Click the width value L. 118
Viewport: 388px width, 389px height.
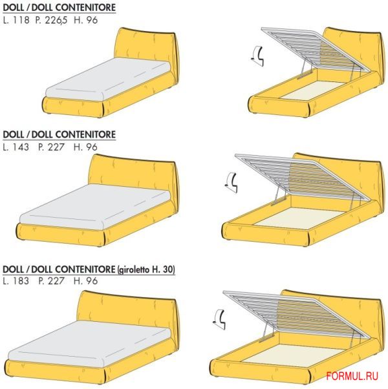[x=16, y=20]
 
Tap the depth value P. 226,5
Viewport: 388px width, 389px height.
[x=51, y=20]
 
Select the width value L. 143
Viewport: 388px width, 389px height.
[x=16, y=147]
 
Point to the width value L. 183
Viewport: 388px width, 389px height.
[x=16, y=281]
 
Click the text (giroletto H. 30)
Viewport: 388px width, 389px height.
[x=145, y=269]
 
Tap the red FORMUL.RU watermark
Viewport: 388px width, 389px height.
[x=352, y=376]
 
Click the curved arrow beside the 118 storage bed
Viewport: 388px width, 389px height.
[x=257, y=57]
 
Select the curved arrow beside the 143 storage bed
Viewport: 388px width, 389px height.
[x=232, y=183]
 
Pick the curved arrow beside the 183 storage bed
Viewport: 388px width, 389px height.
[x=219, y=319]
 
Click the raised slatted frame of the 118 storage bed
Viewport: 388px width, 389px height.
[x=316, y=50]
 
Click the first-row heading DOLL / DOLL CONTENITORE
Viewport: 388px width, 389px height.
[x=59, y=8]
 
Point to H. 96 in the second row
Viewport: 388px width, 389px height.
[x=85, y=147]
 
